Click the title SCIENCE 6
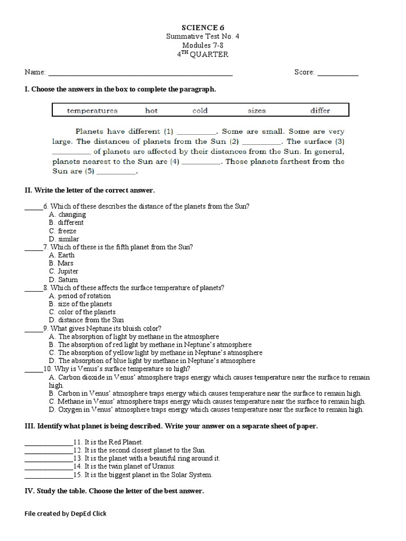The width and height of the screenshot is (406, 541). coord(202,27)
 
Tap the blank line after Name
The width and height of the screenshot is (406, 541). coord(140,73)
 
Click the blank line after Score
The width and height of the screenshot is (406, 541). coord(337,73)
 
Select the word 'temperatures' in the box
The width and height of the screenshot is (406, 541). coord(92,110)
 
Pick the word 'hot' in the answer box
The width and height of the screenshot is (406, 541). coord(151,110)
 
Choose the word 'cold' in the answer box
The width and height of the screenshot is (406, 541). coord(200,110)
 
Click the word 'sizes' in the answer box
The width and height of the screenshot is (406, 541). coord(256,110)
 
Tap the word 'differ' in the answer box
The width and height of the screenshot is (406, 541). coord(320,110)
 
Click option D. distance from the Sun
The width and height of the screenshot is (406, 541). coord(86,320)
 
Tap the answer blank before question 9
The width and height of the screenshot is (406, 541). coord(33,329)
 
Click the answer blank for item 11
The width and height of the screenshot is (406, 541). coord(48,442)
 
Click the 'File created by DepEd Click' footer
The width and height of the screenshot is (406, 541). coord(66,514)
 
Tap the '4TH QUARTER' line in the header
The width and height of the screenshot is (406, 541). coord(203,54)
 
